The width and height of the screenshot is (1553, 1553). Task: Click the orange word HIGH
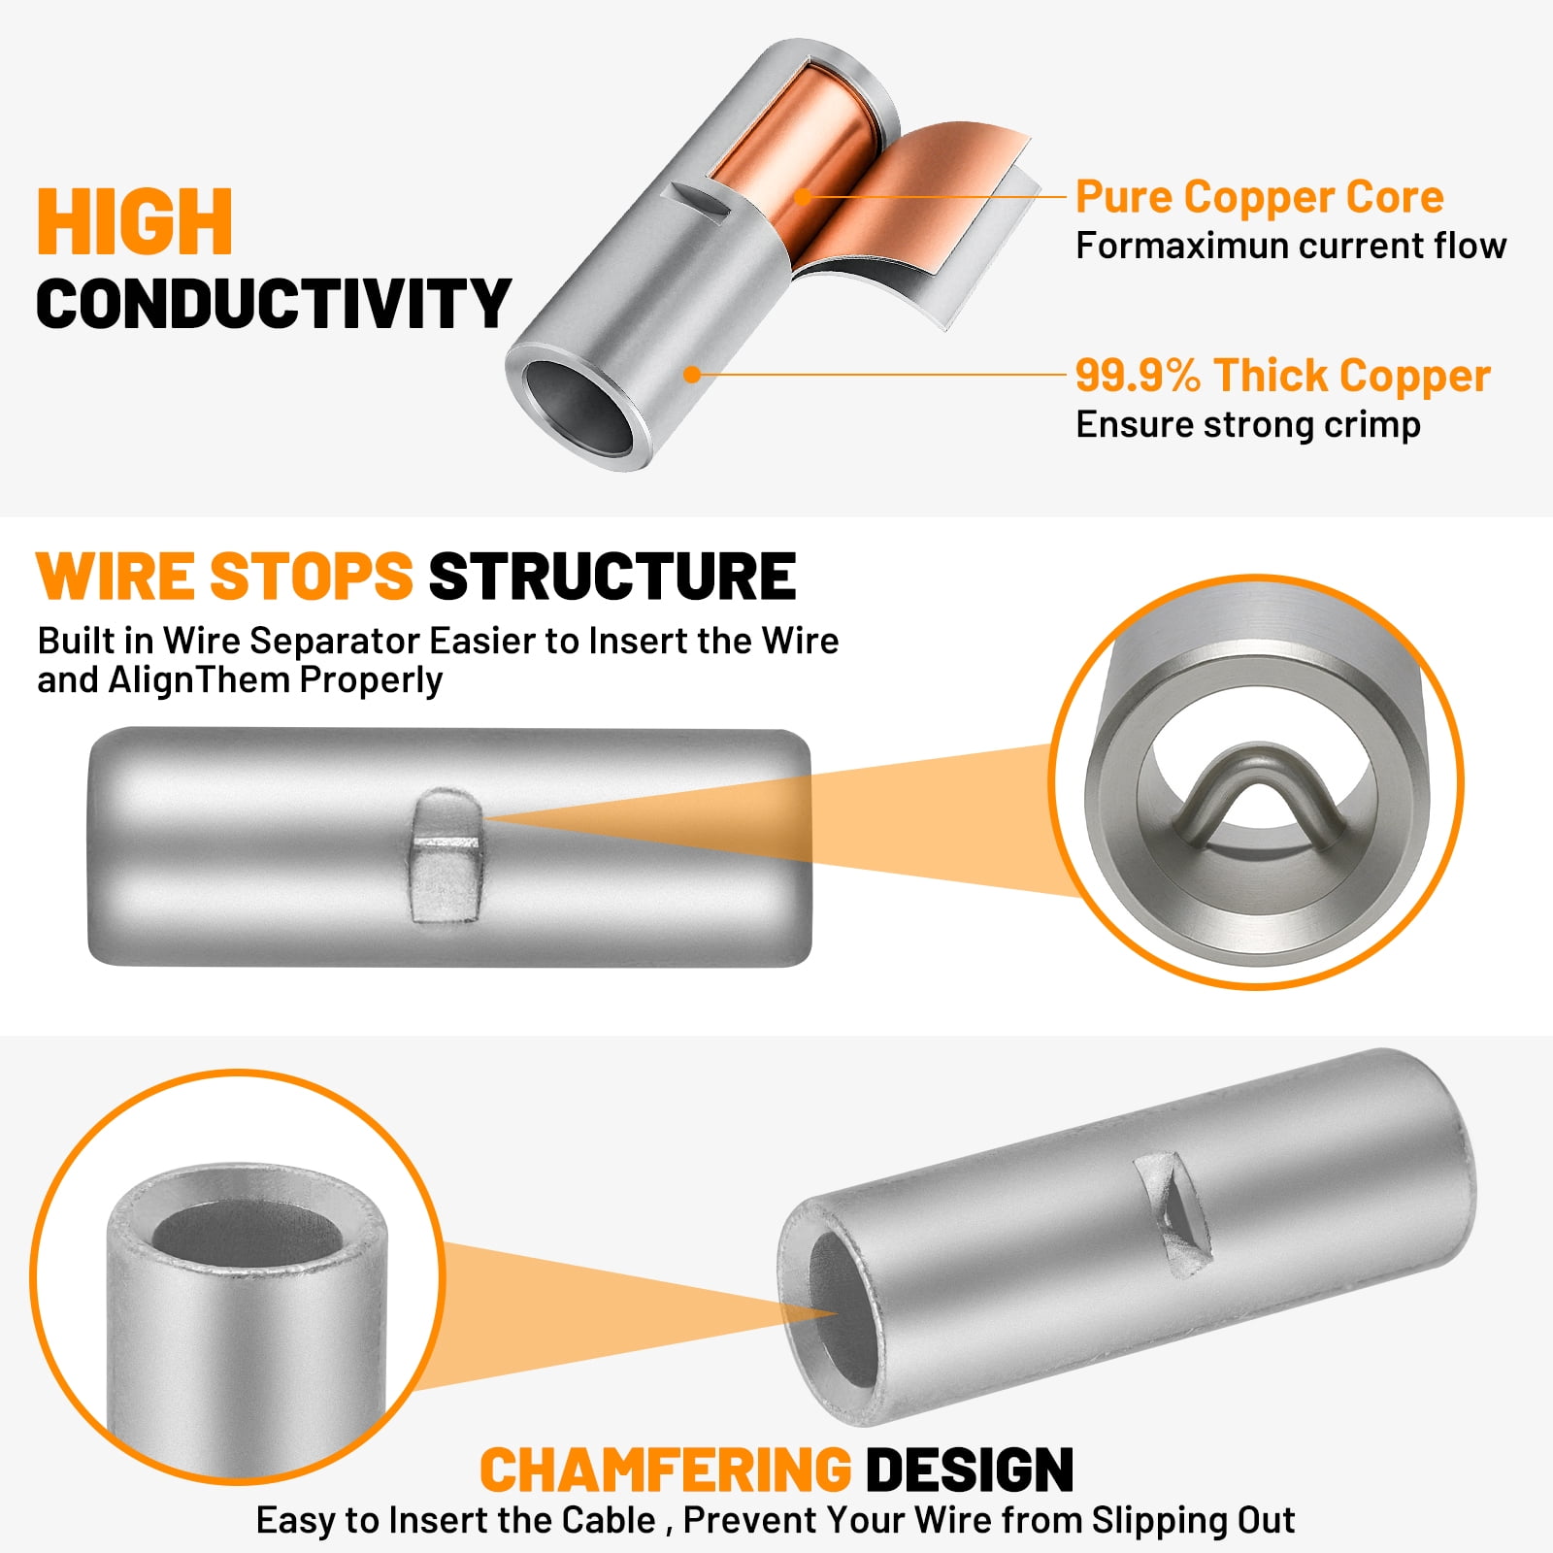pos(135,221)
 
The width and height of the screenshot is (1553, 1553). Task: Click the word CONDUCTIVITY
pos(274,303)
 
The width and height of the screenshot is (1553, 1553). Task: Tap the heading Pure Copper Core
pos(1260,197)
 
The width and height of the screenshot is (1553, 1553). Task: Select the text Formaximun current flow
pos(1291,246)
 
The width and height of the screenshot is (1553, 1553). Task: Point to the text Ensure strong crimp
pos(1248,425)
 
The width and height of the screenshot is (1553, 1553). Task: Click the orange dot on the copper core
pos(803,197)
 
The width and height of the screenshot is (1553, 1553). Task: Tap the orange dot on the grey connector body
pos(692,374)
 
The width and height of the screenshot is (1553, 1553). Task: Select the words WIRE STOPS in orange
pos(225,577)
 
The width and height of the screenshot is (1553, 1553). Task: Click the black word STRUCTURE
pos(612,577)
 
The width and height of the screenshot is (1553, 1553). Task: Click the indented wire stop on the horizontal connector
pos(446,855)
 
